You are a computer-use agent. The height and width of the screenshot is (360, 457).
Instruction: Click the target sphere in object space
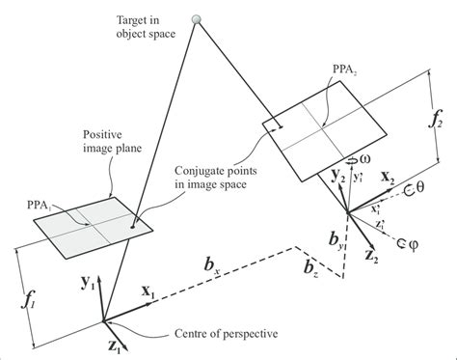197,19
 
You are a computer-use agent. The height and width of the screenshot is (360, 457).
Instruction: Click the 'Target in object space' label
142,27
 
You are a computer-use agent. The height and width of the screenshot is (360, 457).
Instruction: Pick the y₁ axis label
86,282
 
